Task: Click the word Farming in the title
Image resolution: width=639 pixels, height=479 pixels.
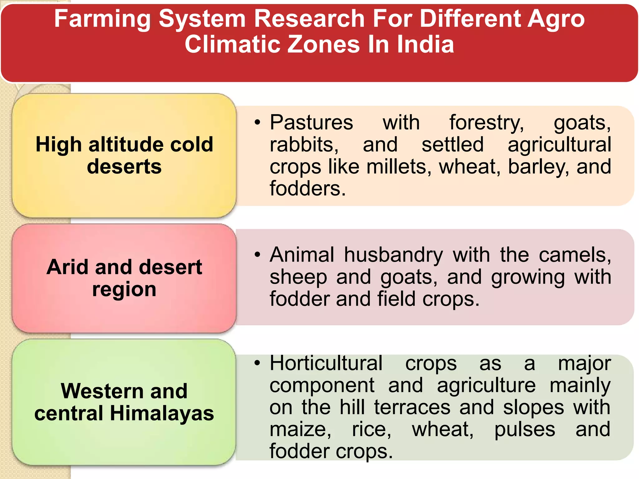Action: pyautogui.click(x=102, y=19)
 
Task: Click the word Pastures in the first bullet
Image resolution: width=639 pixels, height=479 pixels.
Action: pyautogui.click(x=311, y=122)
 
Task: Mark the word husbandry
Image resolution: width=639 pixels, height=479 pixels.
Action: pyautogui.click(x=393, y=255)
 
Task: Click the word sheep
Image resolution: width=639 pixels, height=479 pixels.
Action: pyautogui.click(x=298, y=277)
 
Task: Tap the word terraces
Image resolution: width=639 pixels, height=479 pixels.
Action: pyautogui.click(x=412, y=407)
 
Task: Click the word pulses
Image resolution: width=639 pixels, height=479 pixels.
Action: pyautogui.click(x=525, y=429)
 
